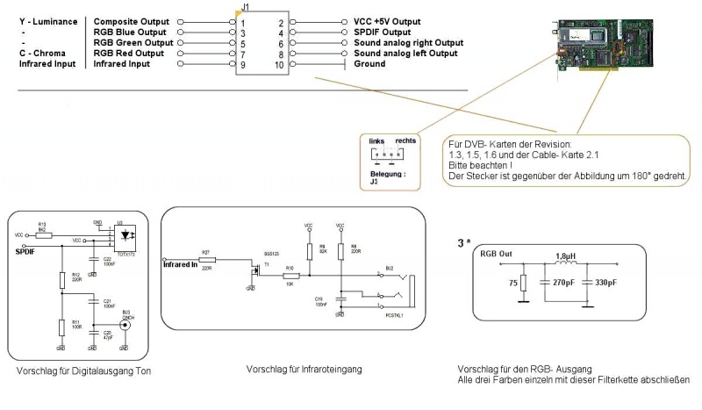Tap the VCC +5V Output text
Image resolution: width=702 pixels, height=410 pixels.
pos(388,20)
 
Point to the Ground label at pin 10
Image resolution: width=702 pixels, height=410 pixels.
pos(370,64)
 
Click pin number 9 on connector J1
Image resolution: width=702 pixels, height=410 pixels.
pos(242,64)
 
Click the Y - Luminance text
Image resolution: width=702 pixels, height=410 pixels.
pos(42,20)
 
